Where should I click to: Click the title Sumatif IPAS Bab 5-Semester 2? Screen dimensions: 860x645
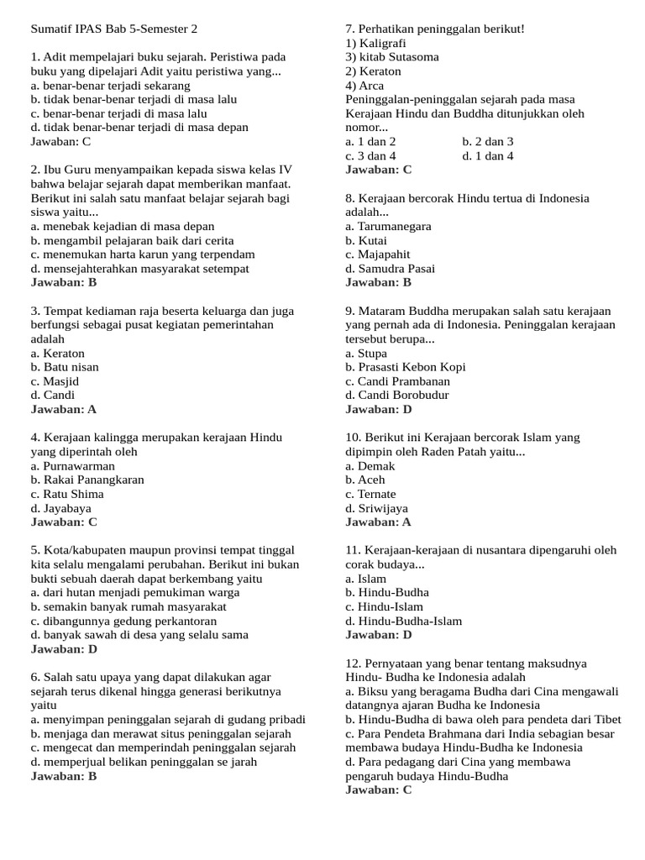tap(114, 29)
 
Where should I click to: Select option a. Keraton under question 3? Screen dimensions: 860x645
tap(58, 353)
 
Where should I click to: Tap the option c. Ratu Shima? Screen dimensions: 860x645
tap(67, 494)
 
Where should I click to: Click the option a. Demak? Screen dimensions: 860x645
tap(370, 465)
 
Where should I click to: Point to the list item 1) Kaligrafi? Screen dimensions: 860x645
tap(375, 43)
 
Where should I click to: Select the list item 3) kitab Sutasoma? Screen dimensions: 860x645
tap(392, 57)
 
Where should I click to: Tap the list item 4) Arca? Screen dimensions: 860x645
tap(364, 86)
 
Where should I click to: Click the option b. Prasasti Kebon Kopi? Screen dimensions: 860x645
tap(405, 367)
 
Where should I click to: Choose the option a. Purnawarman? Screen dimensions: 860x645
tap(73, 465)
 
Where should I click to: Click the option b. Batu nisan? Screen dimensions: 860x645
tap(65, 367)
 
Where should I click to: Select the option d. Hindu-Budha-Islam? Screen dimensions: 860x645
tap(403, 621)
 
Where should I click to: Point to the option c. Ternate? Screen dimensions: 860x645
tap(370, 494)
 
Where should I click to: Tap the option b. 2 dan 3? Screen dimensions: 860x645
tap(488, 142)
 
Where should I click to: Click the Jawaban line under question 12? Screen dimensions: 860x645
tap(379, 790)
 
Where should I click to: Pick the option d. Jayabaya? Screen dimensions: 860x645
tap(61, 508)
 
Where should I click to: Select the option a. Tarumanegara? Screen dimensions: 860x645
tap(388, 226)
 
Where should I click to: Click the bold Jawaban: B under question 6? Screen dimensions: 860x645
tap(64, 776)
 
